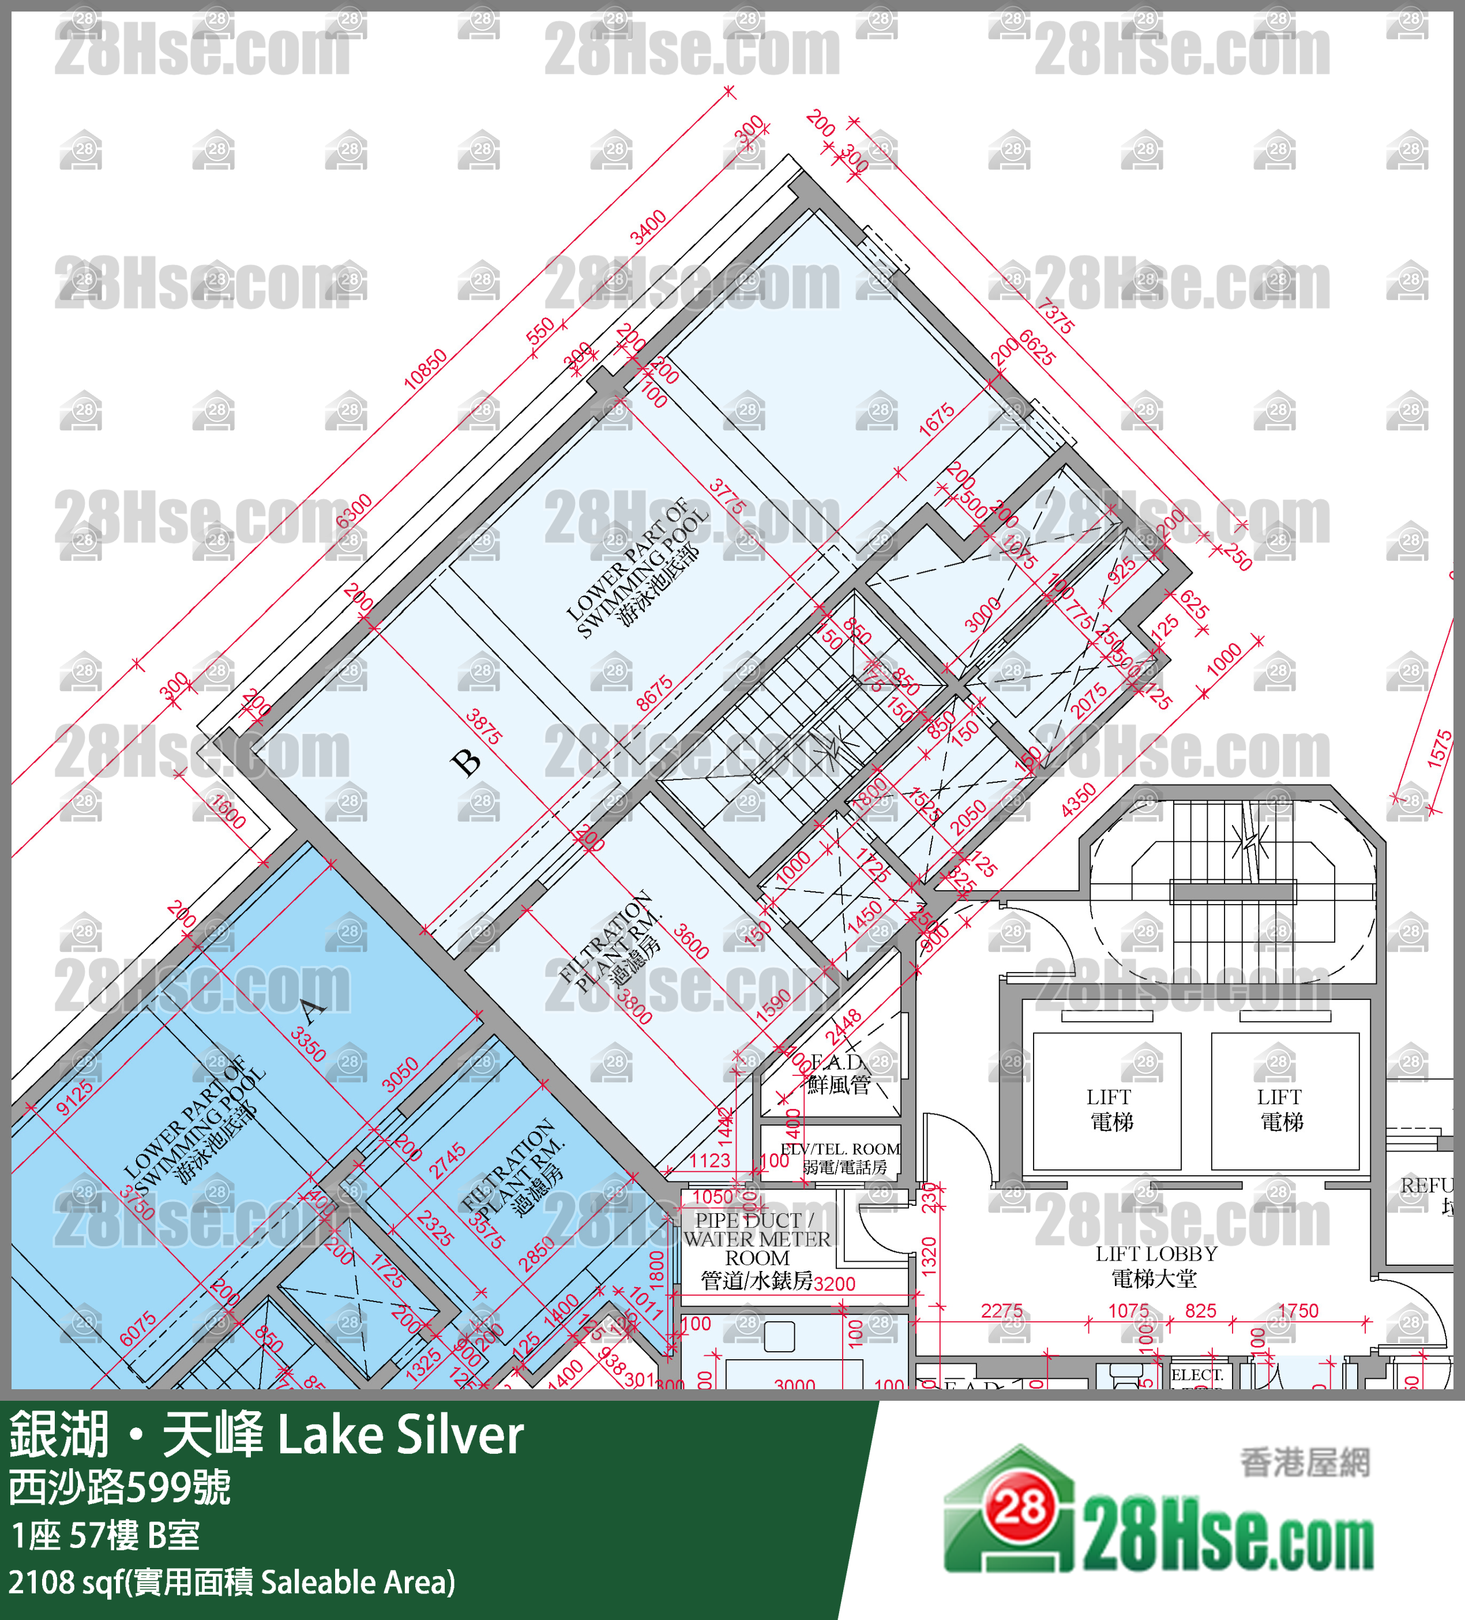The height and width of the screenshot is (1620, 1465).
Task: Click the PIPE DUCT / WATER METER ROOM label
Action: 757,1250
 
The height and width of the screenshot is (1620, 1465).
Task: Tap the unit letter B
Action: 467,762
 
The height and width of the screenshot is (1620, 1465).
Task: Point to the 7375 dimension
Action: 1054,316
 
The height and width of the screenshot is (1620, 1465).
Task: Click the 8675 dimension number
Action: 655,693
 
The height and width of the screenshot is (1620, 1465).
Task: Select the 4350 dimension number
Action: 1078,800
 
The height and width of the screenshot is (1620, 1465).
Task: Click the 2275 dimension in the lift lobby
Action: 1002,1311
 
